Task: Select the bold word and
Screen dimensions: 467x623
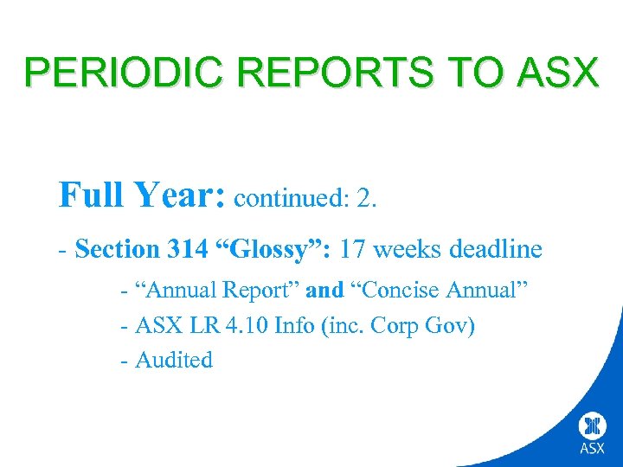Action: coord(324,291)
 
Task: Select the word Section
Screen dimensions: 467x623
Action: coord(116,250)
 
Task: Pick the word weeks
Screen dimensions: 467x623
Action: coord(408,250)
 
